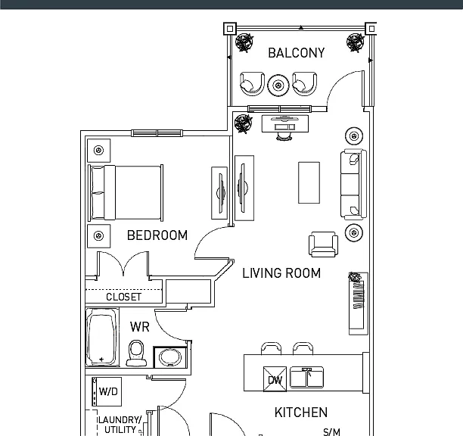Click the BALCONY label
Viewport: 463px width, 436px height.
pos(296,53)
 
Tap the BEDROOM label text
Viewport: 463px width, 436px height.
pos(157,235)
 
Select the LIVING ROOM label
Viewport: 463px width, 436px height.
pos(281,273)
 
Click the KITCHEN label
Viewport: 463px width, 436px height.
pos(301,413)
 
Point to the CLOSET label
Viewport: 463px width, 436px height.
pos(124,297)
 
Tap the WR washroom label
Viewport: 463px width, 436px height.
pos(140,327)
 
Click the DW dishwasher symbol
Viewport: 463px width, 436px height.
pos(275,379)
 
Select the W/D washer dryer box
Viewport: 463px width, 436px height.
pos(107,391)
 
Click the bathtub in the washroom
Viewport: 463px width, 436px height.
pos(102,338)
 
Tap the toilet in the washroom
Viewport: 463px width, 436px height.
pos(136,353)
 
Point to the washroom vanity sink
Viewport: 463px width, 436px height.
pos(170,357)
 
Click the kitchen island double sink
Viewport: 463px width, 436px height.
pos(307,377)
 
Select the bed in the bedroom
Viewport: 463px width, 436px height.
pos(126,192)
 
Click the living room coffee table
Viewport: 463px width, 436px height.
pos(309,182)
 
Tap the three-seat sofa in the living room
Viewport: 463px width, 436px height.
pos(353,185)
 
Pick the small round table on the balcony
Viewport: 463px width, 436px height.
pos(278,86)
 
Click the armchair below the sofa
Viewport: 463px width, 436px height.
pos(323,244)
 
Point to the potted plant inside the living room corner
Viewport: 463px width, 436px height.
pos(244,123)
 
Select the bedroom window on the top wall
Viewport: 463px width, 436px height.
pos(157,133)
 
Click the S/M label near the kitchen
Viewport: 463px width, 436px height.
pos(331,432)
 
